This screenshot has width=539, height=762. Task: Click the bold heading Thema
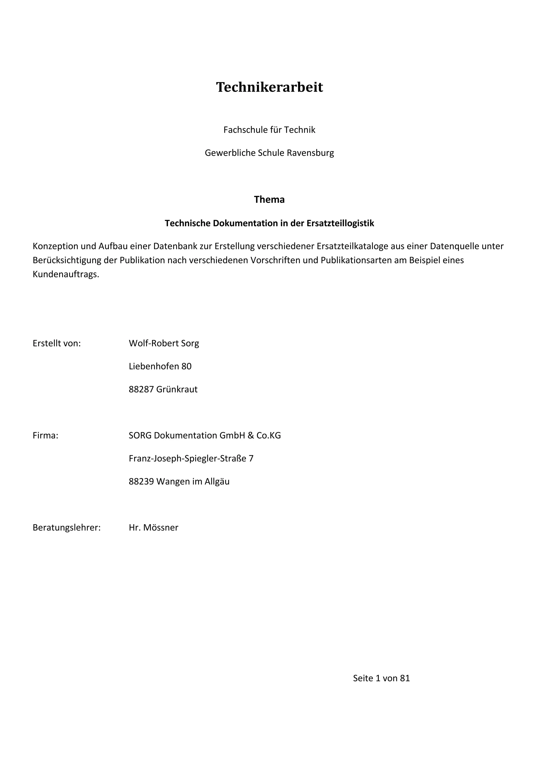(x=269, y=199)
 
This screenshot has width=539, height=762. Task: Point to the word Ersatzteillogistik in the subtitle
(x=340, y=223)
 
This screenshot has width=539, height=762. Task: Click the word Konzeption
(x=56, y=246)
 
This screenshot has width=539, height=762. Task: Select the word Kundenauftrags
(x=65, y=274)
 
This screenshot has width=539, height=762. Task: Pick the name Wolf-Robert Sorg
(x=164, y=343)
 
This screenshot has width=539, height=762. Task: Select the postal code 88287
(x=141, y=389)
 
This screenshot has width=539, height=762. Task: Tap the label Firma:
(x=46, y=435)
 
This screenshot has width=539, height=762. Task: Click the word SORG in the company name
(x=140, y=435)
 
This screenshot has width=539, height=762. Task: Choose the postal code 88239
(x=141, y=482)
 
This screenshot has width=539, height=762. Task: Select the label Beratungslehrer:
(x=66, y=528)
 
